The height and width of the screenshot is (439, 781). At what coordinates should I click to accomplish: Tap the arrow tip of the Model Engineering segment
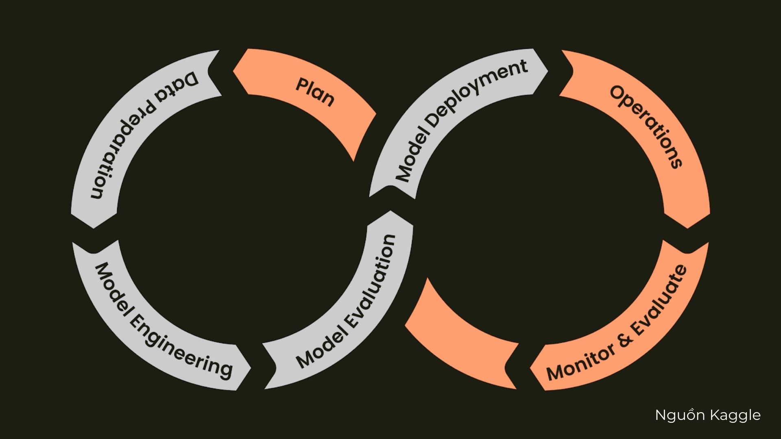pos(249,369)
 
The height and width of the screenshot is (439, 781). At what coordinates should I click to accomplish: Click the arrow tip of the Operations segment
pos(687,227)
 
